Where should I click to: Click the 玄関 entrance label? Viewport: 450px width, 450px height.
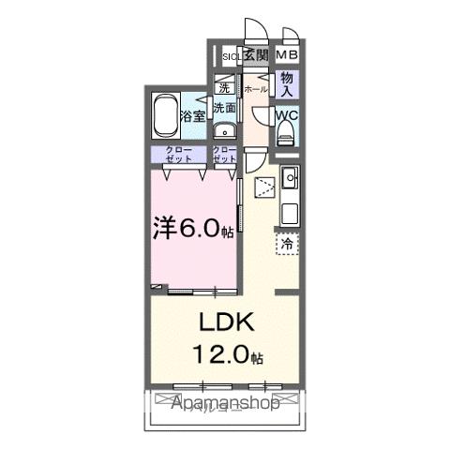click(x=256, y=56)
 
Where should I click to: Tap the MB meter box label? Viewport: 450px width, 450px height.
click(x=287, y=56)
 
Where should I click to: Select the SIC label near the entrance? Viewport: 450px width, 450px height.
click(x=230, y=56)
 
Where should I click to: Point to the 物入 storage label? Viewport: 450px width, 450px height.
click(x=287, y=84)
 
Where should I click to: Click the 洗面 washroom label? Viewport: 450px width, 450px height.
click(x=224, y=108)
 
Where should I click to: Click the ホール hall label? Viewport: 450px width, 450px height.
click(x=255, y=90)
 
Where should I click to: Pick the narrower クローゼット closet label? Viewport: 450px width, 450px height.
click(x=224, y=155)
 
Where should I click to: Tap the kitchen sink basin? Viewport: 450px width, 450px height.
click(x=291, y=176)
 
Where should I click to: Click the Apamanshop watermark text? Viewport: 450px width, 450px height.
click(x=225, y=405)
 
